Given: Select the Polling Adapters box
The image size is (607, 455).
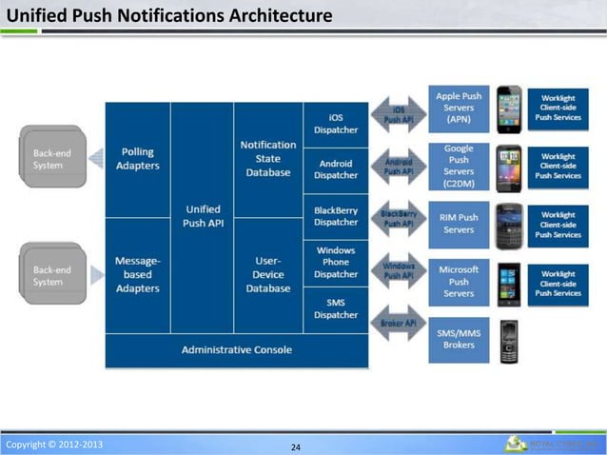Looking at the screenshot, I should click(138, 159).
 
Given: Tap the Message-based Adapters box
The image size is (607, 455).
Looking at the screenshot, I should click(138, 274).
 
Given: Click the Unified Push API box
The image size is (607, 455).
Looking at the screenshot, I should click(202, 216).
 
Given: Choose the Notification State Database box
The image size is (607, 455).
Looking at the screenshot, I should click(267, 159).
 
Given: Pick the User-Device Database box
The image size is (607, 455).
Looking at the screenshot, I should click(267, 274).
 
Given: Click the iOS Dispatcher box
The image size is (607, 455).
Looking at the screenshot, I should click(336, 124).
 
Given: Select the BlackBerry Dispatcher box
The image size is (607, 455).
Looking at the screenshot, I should click(336, 216).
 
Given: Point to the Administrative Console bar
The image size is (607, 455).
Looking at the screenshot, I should click(237, 349).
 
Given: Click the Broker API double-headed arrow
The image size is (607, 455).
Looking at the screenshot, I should click(398, 324).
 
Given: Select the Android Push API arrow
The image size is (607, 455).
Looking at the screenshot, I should click(398, 167).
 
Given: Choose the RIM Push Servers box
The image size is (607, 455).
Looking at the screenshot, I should click(459, 224).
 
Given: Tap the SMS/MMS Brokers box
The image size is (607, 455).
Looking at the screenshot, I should click(459, 339).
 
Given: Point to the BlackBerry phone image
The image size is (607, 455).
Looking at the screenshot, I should click(509, 224).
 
